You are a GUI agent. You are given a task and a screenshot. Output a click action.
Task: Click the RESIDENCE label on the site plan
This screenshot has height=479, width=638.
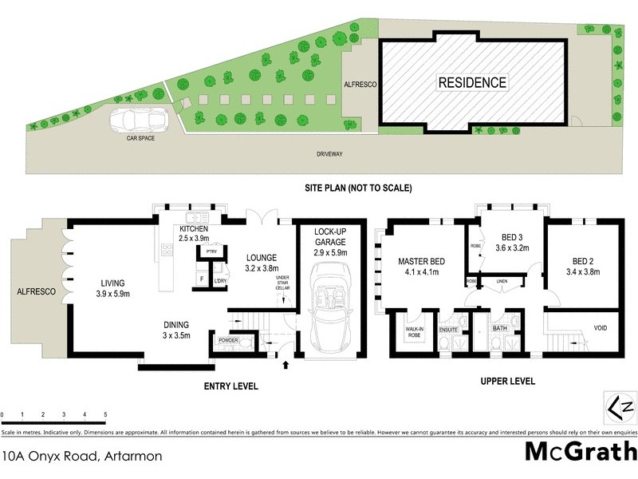(x=472, y=82)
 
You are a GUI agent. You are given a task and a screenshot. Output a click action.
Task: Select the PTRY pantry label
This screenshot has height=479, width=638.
(x=212, y=251)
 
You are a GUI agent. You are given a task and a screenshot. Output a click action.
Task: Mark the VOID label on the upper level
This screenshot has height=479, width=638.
(x=601, y=328)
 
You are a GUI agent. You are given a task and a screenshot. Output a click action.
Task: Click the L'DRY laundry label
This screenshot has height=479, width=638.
(x=219, y=280)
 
